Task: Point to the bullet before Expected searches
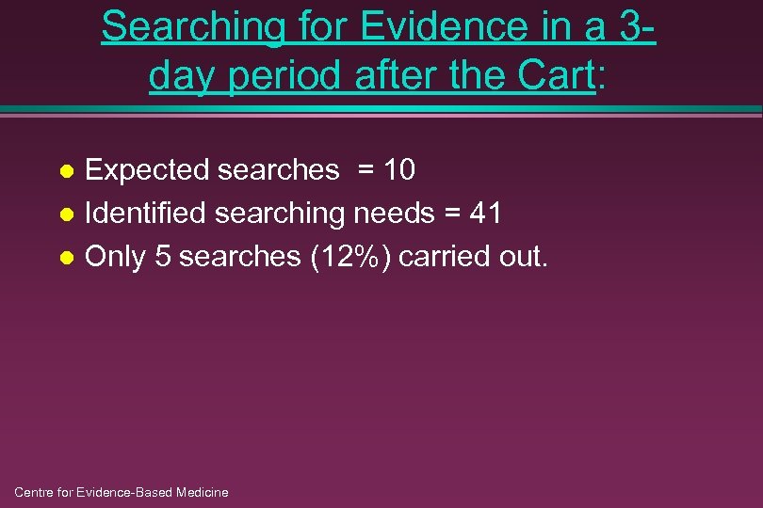(x=66, y=171)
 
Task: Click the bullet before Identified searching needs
(x=66, y=214)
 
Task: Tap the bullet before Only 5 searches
(x=66, y=258)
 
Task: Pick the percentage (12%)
(x=349, y=257)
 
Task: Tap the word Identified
(x=146, y=214)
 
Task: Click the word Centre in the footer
(x=35, y=492)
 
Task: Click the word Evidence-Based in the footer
(x=120, y=492)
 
